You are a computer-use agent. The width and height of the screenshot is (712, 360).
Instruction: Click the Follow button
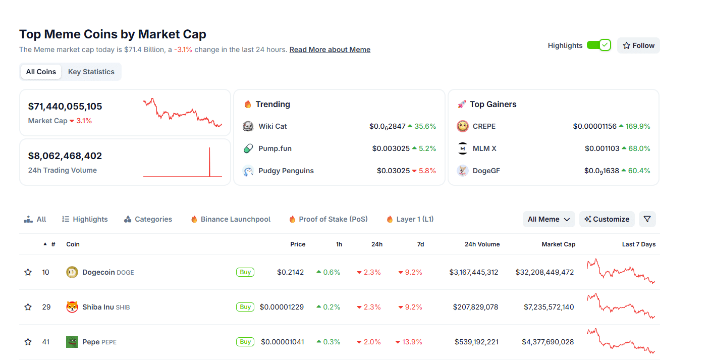point(638,45)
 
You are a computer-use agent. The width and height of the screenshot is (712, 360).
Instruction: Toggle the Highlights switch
point(599,45)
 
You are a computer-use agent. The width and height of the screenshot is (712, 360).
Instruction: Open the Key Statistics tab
point(91,72)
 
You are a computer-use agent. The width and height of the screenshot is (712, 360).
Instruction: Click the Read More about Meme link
point(330,49)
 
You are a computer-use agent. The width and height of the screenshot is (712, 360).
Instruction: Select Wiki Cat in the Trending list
point(272,126)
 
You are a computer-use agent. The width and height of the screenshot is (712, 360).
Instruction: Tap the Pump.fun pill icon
point(248,148)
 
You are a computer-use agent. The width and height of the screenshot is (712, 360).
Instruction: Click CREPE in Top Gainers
point(483,126)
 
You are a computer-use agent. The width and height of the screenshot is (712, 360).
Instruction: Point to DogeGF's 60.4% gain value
point(639,171)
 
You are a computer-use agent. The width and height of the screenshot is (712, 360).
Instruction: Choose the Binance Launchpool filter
point(235,219)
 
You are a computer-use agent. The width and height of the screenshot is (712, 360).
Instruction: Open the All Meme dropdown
point(549,219)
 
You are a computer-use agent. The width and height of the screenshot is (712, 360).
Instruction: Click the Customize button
point(607,219)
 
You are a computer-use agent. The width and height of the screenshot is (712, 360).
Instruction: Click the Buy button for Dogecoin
point(245,272)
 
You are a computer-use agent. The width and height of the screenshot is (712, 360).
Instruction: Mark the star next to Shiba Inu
point(28,307)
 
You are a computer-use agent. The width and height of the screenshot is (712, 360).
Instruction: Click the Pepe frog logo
point(72,342)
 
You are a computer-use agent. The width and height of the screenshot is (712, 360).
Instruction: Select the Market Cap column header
point(558,244)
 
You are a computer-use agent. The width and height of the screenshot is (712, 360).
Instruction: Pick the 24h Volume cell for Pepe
point(476,342)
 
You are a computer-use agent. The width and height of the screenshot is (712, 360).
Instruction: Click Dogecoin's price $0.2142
point(290,272)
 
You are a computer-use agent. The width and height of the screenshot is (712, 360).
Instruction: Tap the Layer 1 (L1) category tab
point(415,219)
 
